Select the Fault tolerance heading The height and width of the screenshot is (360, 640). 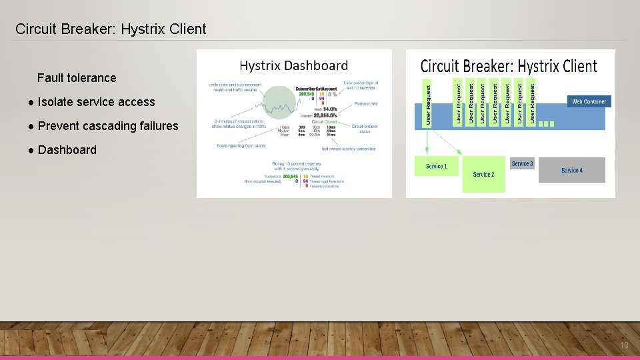(x=77, y=78)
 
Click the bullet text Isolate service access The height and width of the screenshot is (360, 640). (x=96, y=102)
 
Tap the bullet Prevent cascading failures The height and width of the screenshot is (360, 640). (x=108, y=126)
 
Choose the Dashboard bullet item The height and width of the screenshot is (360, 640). (x=67, y=150)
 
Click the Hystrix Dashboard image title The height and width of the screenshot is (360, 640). (x=293, y=65)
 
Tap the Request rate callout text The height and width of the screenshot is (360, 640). (x=366, y=104)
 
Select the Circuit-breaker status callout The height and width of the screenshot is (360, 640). (x=365, y=128)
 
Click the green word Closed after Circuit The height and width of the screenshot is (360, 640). (x=331, y=122)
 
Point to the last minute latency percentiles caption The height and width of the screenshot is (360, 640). (x=348, y=149)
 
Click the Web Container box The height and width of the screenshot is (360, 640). (x=589, y=102)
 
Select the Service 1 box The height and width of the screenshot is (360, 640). (x=436, y=166)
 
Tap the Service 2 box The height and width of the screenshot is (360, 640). (x=484, y=175)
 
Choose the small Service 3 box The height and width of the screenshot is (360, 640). (x=522, y=164)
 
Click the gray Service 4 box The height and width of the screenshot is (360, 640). (x=572, y=170)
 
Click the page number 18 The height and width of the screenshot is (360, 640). (x=624, y=345)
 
